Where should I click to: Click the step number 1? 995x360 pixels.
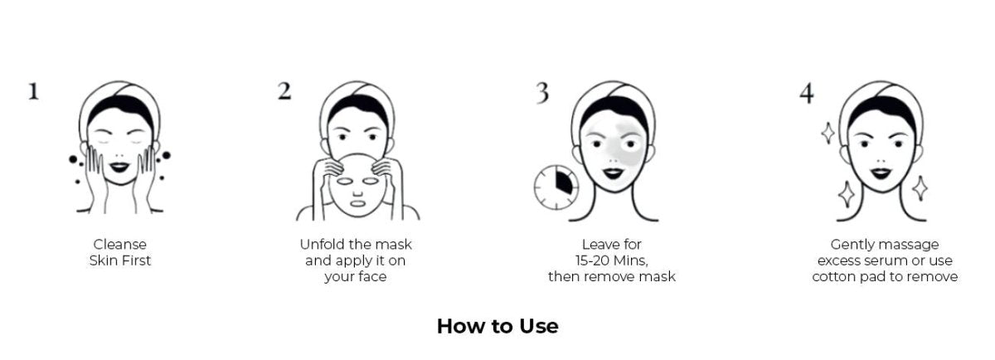(x=34, y=91)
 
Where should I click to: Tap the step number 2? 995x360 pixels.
(x=284, y=91)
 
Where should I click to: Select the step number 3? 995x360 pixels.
(x=542, y=93)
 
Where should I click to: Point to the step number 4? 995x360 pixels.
(x=807, y=94)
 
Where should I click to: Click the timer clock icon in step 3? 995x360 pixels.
(x=556, y=187)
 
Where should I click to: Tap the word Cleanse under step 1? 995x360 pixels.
(x=120, y=244)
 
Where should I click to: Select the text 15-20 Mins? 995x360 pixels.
(x=612, y=260)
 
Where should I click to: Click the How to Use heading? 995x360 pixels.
(x=498, y=326)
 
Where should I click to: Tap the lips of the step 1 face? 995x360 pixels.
(x=119, y=167)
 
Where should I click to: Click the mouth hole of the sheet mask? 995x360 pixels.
(x=357, y=203)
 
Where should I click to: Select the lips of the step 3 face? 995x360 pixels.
(x=614, y=173)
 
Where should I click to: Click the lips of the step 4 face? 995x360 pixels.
(x=881, y=173)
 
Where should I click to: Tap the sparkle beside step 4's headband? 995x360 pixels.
(x=828, y=133)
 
